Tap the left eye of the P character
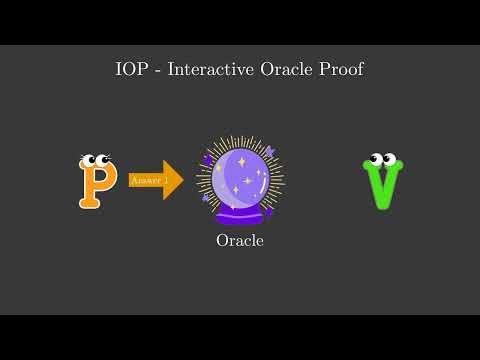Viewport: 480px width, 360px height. (87, 159)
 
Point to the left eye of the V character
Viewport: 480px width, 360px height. (375, 158)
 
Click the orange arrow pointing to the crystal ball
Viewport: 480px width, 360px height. (155, 180)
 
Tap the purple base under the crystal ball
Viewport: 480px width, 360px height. (239, 212)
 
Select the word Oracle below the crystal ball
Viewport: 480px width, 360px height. (239, 241)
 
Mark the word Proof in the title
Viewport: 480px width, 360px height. (342, 69)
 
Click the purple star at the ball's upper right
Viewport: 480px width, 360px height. (269, 150)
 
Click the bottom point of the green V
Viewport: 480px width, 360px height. (381, 205)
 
